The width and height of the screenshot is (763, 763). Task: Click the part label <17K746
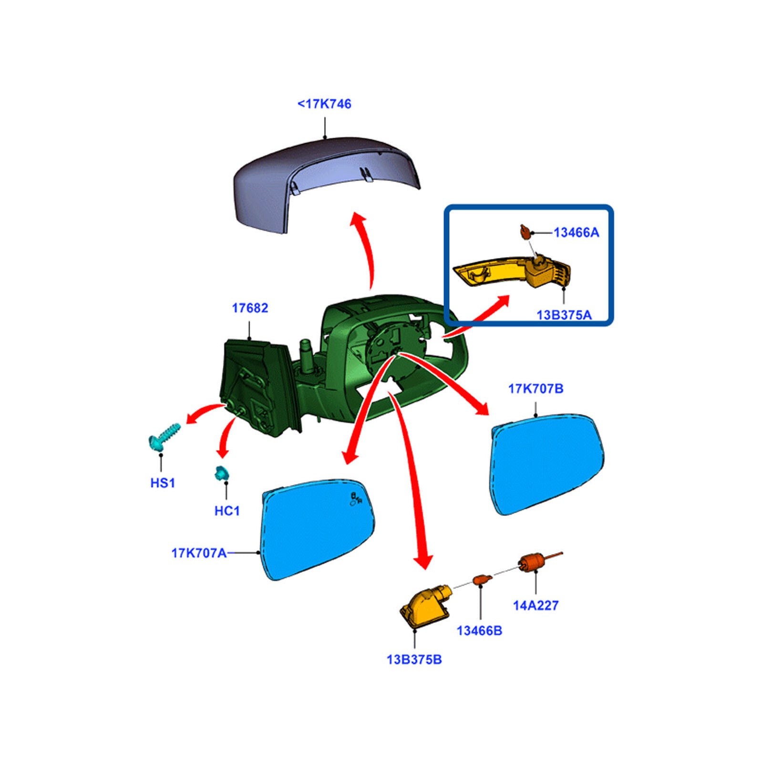[324, 104]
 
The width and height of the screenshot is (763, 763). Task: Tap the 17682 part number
[250, 308]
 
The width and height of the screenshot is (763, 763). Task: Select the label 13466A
[576, 233]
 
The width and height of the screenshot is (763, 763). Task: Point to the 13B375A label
[564, 315]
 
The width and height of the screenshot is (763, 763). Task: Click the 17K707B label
[536, 389]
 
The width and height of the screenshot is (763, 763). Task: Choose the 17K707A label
[199, 553]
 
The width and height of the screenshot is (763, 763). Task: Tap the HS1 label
[163, 483]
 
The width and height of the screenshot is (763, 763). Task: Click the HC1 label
[227, 511]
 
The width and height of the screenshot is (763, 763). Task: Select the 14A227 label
[536, 606]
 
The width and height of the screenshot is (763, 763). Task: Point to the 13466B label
[479, 630]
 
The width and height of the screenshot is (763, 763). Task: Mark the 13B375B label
[414, 660]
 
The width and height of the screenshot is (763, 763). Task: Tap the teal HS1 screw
[164, 435]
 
